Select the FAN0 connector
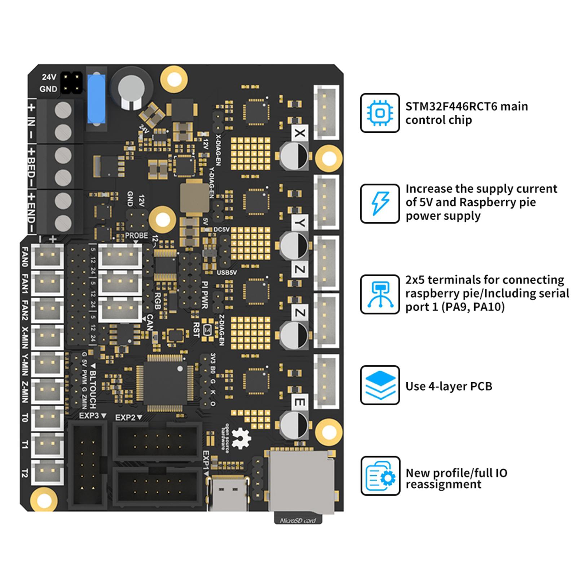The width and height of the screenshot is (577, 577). [48, 256]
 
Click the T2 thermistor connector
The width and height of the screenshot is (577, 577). [48, 472]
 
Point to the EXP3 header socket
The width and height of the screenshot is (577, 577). [88, 465]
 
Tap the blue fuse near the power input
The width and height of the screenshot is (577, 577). [96, 99]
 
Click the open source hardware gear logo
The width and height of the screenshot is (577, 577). [241, 438]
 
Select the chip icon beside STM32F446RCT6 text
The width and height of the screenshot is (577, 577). [380, 113]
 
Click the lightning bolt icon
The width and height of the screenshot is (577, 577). [380, 203]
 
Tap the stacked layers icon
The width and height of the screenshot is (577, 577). [380, 385]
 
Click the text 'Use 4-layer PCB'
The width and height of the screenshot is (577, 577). [449, 386]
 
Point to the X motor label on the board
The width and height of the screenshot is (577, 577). [299, 133]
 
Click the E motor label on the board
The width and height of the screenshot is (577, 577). [299, 402]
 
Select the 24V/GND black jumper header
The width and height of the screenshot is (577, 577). [71, 83]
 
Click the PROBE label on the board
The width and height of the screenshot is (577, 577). [136, 235]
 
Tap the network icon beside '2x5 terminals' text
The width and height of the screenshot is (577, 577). [380, 294]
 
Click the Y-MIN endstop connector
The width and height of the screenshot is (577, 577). [48, 364]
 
